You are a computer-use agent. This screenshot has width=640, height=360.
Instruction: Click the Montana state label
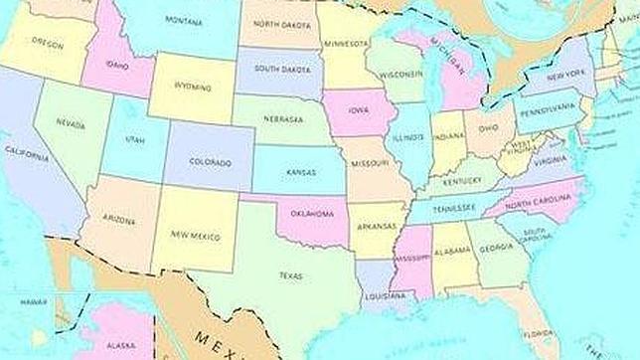coord(185,22)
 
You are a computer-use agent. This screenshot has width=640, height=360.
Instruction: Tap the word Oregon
coord(47,43)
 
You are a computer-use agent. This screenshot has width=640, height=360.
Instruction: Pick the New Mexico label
coord(193,235)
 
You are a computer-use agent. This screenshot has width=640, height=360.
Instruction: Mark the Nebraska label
coord(283,119)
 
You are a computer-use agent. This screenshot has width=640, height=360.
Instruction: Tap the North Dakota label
coord(278,25)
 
